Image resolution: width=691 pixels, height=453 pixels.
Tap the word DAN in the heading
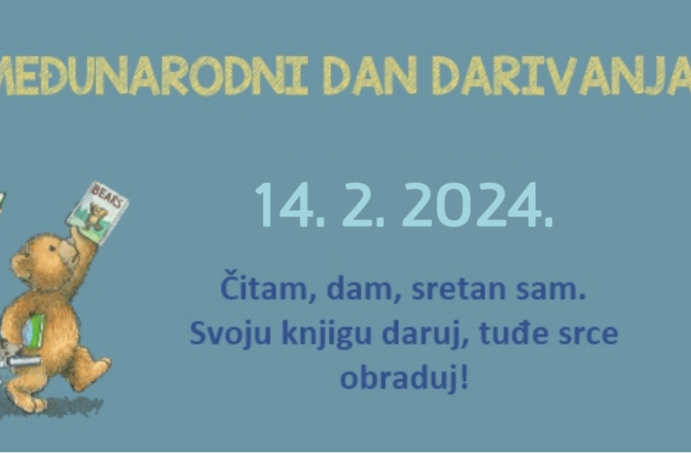370,75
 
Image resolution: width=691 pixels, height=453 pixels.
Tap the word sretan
458,289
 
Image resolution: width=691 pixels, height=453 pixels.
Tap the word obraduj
397,379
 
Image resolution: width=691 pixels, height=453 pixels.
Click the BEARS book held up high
97,213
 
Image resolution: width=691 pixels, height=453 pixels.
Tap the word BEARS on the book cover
106,195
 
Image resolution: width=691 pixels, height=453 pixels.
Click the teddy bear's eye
52,248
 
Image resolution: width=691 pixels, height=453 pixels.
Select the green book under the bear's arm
35,331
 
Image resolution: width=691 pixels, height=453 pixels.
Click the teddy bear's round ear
20,266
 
